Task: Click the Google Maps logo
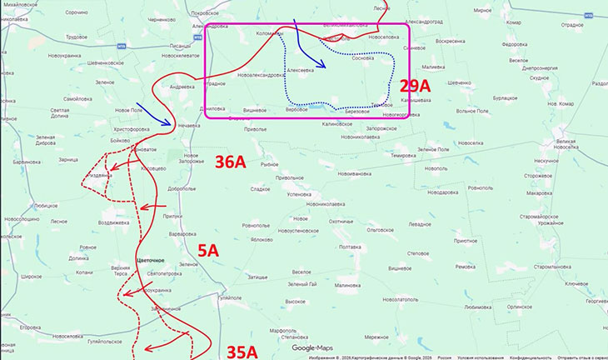coord(312,347)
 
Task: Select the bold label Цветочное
coord(152,261)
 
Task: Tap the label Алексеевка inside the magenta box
coord(300,71)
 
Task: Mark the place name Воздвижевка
coord(113,222)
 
